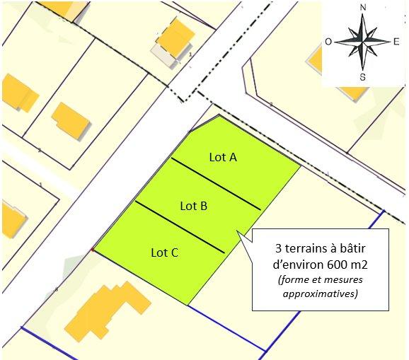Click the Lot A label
pyautogui.click(x=222, y=157)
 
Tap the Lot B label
pyautogui.click(x=193, y=206)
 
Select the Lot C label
pyautogui.click(x=164, y=251)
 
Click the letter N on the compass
pyautogui.click(x=363, y=8)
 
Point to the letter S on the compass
pyautogui.click(x=363, y=76)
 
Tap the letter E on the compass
pyautogui.click(x=396, y=42)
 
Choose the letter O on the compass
pyautogui.click(x=328, y=42)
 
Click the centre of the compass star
pyautogui.click(x=363, y=41)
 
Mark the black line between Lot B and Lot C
pyautogui.click(x=180, y=227)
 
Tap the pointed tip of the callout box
pyautogui.click(x=238, y=234)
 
